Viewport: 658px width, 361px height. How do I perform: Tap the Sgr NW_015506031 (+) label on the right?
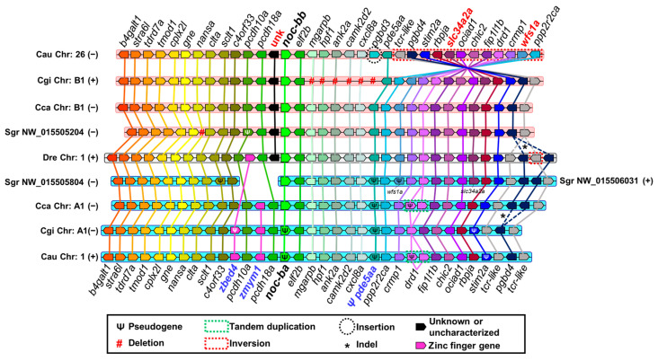coord(607,181)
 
